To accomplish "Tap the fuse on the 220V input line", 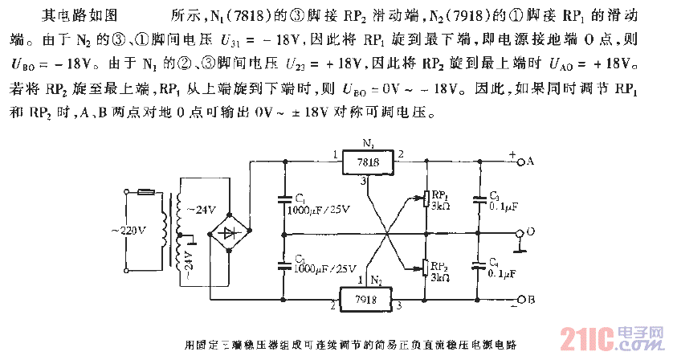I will (x=148, y=192).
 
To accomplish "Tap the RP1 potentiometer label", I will (x=439, y=195).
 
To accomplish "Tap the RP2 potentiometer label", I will (x=439, y=265).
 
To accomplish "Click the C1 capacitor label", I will (x=299, y=198).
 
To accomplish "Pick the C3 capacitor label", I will (x=494, y=196).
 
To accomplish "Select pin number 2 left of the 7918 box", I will (x=332, y=306).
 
